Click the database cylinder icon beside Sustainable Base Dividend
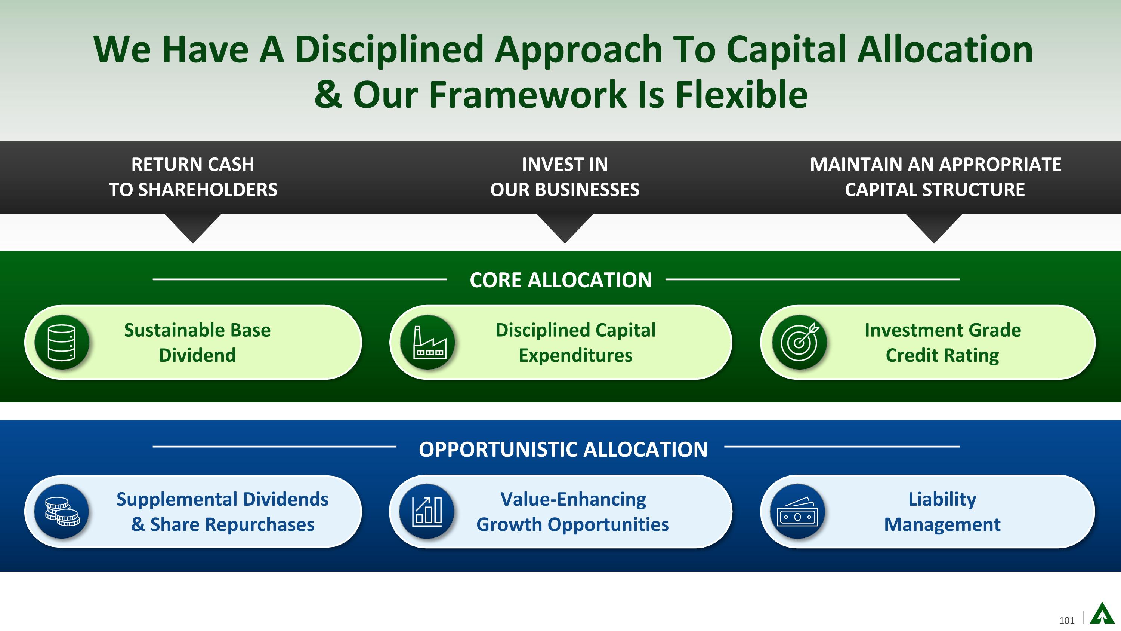click(x=62, y=342)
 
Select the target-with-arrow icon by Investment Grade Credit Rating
click(x=799, y=342)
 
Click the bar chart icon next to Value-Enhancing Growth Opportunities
click(x=427, y=511)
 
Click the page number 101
click(x=1066, y=620)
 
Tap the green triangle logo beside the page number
click(x=1102, y=613)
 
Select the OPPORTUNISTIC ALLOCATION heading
click(x=563, y=450)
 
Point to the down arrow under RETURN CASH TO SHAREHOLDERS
click(x=193, y=228)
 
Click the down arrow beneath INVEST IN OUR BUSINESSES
click(x=565, y=228)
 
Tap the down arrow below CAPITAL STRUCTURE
click(x=934, y=228)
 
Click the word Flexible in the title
click(x=741, y=95)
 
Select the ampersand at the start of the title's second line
click(x=328, y=95)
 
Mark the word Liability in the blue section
click(x=942, y=499)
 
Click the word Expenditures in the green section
click(x=575, y=355)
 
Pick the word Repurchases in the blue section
click(x=259, y=524)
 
